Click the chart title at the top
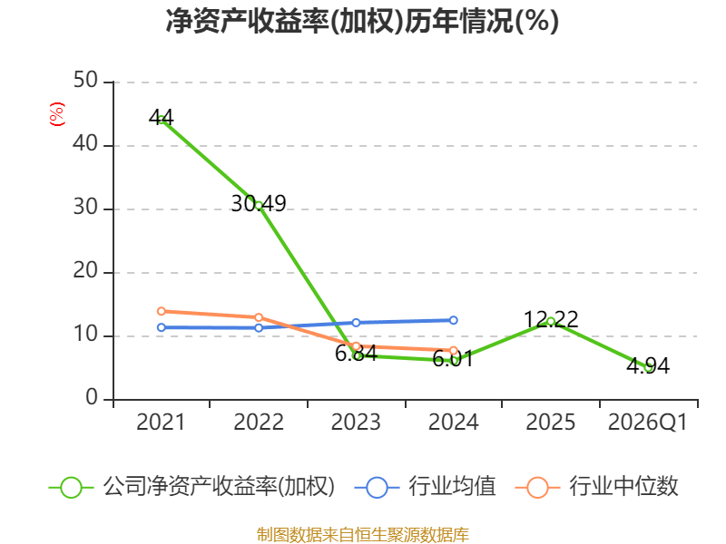(x=362, y=21)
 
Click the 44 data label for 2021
(x=162, y=118)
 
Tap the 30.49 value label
(x=259, y=203)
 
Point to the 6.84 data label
(x=356, y=354)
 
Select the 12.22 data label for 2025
(x=551, y=319)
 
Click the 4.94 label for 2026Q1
(x=648, y=366)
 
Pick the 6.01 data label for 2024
(x=453, y=359)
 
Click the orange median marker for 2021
(x=162, y=311)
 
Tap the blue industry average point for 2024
(x=453, y=320)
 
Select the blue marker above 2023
(x=356, y=323)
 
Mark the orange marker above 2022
(x=259, y=317)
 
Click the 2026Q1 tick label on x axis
(x=648, y=422)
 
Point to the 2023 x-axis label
(x=356, y=422)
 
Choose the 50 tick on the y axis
(x=85, y=80)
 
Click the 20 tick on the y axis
(x=85, y=270)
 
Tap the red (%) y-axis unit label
(x=57, y=114)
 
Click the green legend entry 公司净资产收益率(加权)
(x=191, y=487)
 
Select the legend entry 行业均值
(x=425, y=487)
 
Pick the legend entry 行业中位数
(x=596, y=487)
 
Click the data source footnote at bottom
(x=363, y=535)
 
